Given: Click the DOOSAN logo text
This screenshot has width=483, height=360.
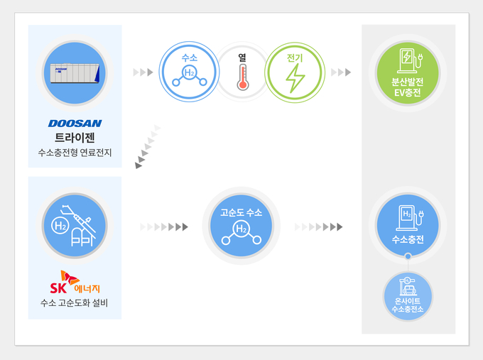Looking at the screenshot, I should (x=75, y=124).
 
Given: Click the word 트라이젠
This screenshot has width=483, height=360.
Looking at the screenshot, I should (x=75, y=137).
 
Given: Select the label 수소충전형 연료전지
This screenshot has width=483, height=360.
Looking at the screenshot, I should (x=75, y=153).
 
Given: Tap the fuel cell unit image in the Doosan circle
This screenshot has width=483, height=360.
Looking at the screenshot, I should (x=75, y=72).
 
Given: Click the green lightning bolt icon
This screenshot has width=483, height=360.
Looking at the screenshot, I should (x=294, y=80).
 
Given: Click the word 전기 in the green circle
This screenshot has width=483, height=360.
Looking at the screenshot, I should (x=294, y=58).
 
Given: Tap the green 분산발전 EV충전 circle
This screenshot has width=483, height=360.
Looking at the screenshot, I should (x=408, y=72).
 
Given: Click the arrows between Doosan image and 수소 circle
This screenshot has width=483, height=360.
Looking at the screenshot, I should (x=143, y=72).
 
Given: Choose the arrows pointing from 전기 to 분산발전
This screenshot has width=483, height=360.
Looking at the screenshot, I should (x=341, y=72).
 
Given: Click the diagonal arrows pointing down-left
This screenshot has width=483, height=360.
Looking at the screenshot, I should (x=148, y=146).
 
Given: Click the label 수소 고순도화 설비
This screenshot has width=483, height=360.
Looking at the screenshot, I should (x=75, y=305).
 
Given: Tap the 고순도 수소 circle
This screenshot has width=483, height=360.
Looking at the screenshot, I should (x=241, y=226).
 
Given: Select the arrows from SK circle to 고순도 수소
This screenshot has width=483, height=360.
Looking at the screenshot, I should (x=164, y=227).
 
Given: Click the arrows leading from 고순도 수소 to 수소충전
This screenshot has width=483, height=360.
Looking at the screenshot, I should (x=318, y=227).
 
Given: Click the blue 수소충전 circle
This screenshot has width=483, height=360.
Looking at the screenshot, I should (x=408, y=225).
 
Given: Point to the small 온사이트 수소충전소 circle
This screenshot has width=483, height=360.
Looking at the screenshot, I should (x=408, y=296).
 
